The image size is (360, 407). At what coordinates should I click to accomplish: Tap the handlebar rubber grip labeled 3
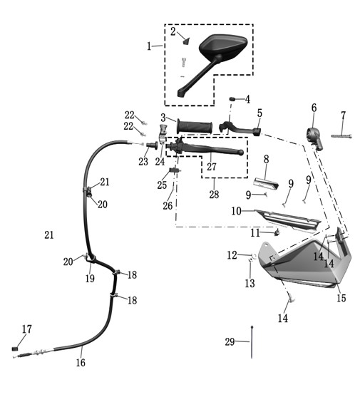pos(195,127)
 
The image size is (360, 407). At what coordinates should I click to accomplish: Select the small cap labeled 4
pos(232,99)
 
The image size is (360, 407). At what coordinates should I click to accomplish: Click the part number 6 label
pos(314,108)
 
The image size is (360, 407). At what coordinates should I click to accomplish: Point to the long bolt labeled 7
pos(341,135)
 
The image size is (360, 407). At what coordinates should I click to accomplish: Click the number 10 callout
pos(236,211)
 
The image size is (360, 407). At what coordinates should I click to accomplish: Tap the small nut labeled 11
pos(277,232)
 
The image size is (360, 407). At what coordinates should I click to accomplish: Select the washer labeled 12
pos(254,256)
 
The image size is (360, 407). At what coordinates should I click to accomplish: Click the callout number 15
pos(341,298)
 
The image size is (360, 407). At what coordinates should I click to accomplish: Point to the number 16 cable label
pos(81,362)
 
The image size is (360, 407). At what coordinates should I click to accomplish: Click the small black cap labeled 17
pos(15,349)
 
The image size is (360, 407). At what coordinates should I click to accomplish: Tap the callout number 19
pos(90,279)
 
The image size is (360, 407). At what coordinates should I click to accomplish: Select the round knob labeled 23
pos(153,145)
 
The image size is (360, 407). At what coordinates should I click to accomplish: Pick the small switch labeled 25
pos(175,170)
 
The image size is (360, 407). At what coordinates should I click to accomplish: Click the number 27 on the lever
pos(212,166)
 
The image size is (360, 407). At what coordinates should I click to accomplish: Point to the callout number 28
pos(214,194)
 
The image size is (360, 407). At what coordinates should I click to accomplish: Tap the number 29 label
pos(230,342)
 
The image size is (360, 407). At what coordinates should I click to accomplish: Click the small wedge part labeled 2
pos(187,41)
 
